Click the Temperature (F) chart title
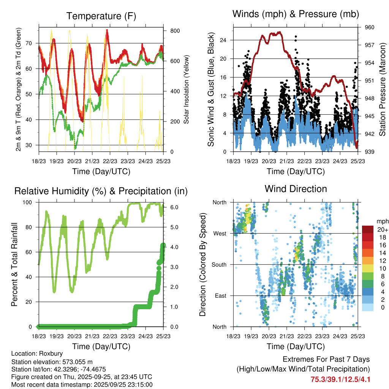101,16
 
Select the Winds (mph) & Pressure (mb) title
296,14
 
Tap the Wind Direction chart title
296,188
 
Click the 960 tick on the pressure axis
370,27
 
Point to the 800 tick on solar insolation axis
175,30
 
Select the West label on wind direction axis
220,233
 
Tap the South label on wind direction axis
219,264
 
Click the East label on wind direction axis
220,296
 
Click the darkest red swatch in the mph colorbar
367,229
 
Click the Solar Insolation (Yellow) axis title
187,89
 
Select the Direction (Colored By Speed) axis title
202,264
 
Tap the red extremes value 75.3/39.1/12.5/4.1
340,380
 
